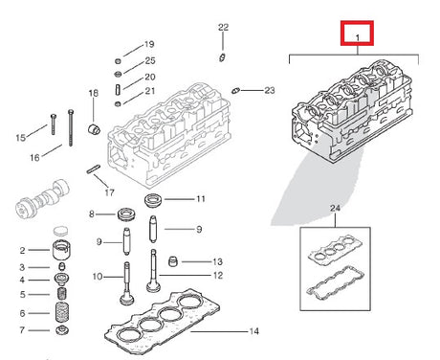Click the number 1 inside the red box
coord(358,37)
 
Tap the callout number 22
coord(223,27)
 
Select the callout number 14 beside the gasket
coord(253,331)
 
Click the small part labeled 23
coord(235,91)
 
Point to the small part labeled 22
coord(222,57)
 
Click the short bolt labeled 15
coord(53,124)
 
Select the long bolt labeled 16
coord(71,127)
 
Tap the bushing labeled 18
coord(94,128)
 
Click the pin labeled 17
coord(94,169)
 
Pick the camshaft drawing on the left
coord(42,198)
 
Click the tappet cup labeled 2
coord(61,251)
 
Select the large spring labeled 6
coord(62,312)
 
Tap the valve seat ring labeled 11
coord(153,200)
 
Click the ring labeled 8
coord(126,214)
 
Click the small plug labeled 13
coord(172,261)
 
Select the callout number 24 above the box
coord(335,209)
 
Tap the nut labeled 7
coord(62,329)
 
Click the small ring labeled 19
coord(118,61)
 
